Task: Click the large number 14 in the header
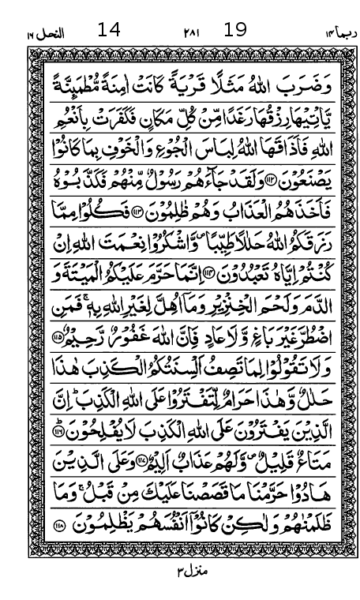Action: (109, 31)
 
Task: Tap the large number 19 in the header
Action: (235, 31)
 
